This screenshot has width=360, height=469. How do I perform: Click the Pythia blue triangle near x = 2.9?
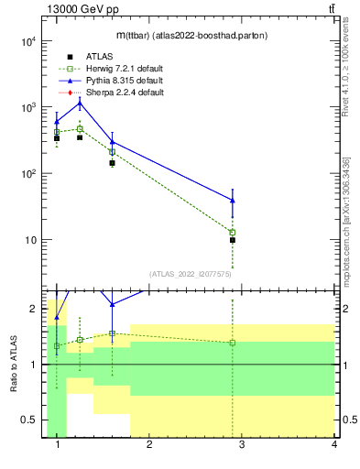point(233,200)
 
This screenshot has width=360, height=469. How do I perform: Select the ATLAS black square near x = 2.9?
point(233,240)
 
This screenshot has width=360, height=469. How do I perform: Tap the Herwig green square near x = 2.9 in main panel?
point(233,233)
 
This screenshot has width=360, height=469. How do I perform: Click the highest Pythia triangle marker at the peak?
point(80,102)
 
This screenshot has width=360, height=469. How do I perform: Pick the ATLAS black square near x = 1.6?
point(112,163)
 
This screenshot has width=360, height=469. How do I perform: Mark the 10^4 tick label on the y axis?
point(27,41)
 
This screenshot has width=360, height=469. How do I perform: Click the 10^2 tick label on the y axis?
point(27,174)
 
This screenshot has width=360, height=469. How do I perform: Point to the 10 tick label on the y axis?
point(30,240)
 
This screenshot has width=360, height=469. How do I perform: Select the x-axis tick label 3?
point(242,445)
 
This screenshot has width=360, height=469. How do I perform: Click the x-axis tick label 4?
point(334,445)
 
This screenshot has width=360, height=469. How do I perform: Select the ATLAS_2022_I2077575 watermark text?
point(191,273)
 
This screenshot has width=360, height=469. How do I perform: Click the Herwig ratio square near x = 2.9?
point(233,343)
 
